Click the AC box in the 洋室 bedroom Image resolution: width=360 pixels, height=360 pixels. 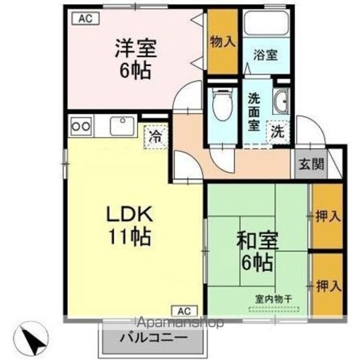tap(85, 19)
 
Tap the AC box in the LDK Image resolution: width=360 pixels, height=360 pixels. tap(184, 311)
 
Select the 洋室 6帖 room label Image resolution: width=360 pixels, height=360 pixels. tap(136, 59)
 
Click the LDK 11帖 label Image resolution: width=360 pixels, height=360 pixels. tap(129, 226)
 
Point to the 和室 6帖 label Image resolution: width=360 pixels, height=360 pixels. tap(258, 251)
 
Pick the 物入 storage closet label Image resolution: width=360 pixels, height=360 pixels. tap(223, 42)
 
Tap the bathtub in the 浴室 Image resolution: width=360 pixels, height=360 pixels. tap(266, 23)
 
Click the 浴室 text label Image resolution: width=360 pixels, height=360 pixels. tap(265, 55)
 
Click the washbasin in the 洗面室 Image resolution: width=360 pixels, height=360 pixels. tap(281, 102)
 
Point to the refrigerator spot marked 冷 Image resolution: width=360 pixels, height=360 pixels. tap(155, 137)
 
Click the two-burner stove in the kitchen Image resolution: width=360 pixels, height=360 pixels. tap(81, 126)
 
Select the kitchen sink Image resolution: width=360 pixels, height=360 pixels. tap(122, 126)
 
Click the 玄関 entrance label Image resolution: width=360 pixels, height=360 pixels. tap(311, 164)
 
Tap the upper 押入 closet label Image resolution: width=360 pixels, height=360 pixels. tap(328, 216)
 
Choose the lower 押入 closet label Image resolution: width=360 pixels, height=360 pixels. tap(328, 286)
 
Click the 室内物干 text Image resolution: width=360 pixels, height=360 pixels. tap(274, 299)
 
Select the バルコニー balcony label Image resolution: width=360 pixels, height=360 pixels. tap(154, 337)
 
